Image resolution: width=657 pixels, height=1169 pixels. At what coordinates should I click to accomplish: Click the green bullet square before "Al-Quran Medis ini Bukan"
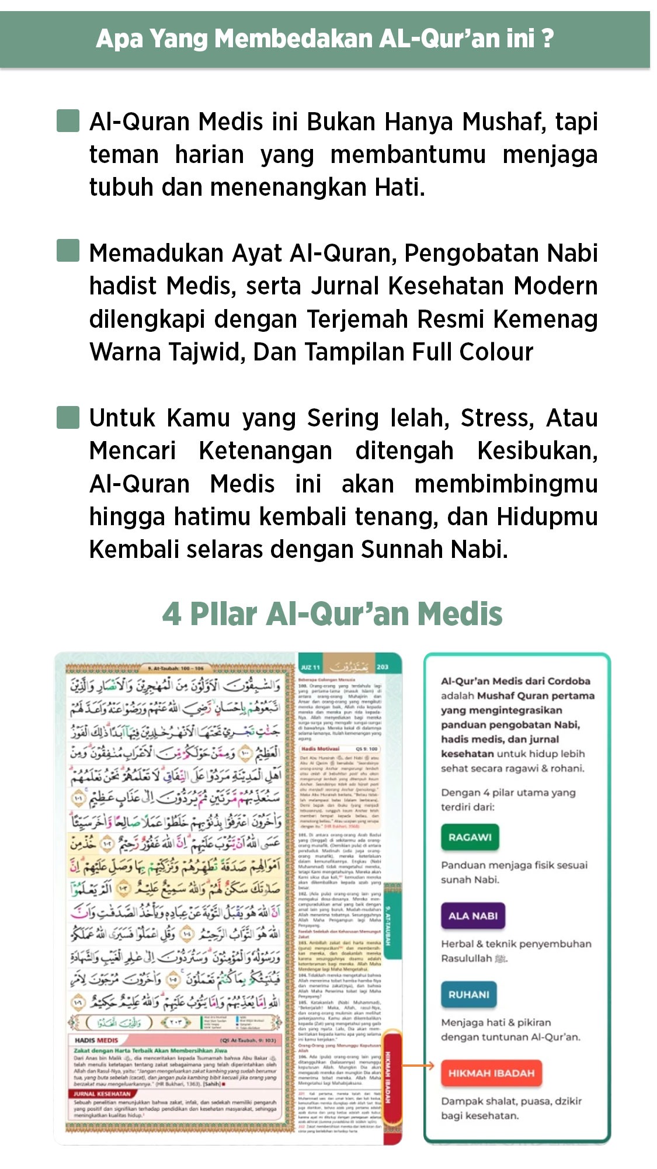[68, 121]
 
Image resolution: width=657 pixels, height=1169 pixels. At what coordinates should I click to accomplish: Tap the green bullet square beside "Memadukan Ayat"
[68, 251]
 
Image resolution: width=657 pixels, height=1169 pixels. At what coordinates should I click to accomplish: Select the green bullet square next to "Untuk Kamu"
[68, 418]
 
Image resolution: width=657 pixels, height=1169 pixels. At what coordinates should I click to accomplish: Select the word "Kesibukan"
[537, 451]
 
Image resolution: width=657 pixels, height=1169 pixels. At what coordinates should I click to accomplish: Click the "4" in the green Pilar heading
[171, 615]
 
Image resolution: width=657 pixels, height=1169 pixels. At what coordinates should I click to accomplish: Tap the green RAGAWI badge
[470, 837]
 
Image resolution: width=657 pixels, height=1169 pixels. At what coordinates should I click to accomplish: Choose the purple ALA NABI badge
[472, 916]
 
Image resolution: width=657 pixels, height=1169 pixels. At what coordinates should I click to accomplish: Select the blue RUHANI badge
[468, 995]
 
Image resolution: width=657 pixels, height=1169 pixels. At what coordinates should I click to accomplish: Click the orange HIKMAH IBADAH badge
[491, 1073]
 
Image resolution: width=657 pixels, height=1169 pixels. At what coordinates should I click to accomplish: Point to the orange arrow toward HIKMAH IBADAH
[419, 1066]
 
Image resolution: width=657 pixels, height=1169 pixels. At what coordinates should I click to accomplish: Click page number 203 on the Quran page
[383, 667]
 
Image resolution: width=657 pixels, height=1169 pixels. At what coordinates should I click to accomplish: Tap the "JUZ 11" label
[310, 667]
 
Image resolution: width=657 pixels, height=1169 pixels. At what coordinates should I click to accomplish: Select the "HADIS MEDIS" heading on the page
[96, 1040]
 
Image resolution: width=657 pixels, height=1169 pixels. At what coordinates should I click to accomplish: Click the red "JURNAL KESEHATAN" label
[102, 1093]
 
